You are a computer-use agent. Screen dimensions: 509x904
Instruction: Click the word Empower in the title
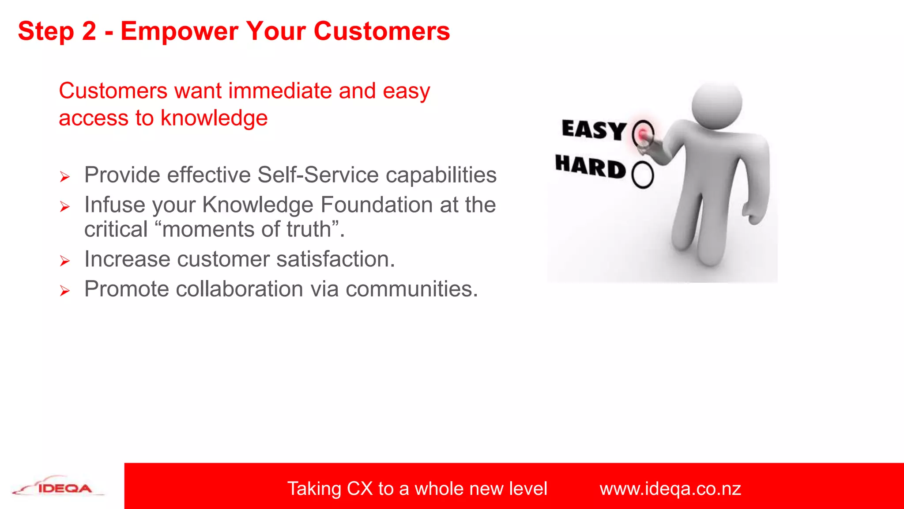[179, 32]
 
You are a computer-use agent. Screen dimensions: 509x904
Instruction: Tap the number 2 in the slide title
[89, 32]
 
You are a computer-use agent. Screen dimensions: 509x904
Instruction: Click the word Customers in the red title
[382, 32]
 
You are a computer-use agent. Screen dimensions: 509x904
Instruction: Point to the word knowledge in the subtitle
[214, 118]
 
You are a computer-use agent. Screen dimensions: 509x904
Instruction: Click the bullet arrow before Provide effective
[65, 177]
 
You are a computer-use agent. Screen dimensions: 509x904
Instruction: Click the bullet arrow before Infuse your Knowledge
[65, 207]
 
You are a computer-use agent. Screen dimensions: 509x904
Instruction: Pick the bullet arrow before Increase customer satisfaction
[65, 261]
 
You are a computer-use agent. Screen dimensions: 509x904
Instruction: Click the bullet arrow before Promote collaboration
[65, 291]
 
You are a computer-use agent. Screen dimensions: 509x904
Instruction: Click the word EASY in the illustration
[594, 130]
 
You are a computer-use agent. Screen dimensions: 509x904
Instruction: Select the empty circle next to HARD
[642, 175]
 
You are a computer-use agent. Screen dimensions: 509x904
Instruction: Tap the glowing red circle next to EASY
[643, 133]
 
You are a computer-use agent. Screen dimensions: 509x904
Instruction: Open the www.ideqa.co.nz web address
[670, 489]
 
